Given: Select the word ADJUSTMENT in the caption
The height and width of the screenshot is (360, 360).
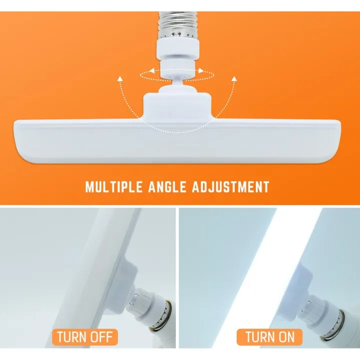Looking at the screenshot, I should pos(231,187).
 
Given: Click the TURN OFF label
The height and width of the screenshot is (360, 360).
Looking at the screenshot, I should pos(84,336).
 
